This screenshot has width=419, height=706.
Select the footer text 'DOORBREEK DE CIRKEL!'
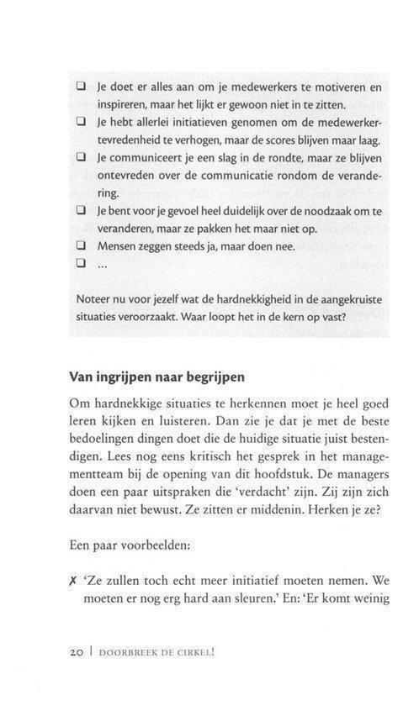click(161, 653)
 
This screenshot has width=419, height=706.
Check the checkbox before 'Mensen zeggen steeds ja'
click(82, 247)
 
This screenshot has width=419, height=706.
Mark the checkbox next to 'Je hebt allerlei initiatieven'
click(82, 124)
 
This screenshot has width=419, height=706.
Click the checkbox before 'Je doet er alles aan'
click(82, 87)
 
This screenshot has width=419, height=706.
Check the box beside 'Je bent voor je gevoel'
click(82, 211)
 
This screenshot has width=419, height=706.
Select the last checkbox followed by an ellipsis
click(82, 265)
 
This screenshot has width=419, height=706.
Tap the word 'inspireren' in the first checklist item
click(125, 105)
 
